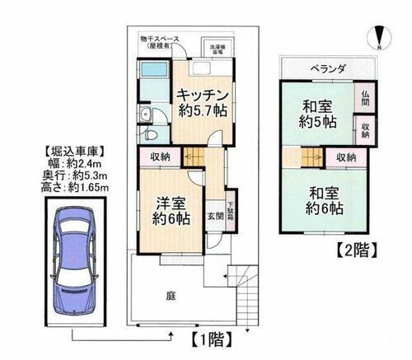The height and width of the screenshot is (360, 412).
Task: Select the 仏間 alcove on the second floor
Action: pyautogui.click(x=365, y=99)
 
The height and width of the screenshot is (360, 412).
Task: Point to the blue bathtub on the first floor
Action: pyautogui.click(x=152, y=86)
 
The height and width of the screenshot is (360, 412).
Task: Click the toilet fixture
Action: pyautogui.click(x=149, y=133)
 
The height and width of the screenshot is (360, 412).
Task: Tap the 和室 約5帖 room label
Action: pyautogui.click(x=317, y=114)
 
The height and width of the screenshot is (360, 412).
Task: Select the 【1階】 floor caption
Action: pyautogui.click(x=204, y=337)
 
